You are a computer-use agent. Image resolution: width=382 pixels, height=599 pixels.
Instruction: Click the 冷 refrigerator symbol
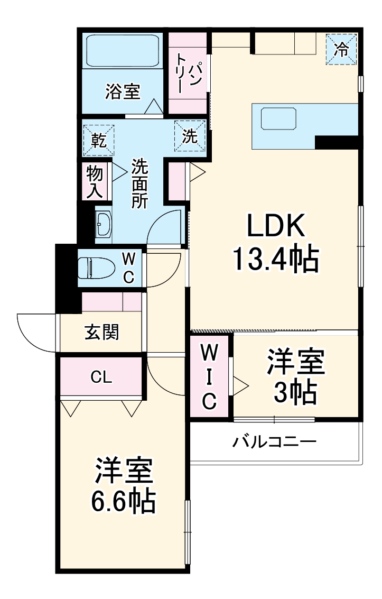coord(342,49)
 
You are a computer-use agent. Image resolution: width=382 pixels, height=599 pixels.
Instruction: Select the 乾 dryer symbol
coord(98,140)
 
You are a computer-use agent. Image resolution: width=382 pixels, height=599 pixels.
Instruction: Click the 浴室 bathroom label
coord(123,92)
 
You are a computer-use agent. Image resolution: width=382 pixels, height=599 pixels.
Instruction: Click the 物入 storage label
coord(95,181)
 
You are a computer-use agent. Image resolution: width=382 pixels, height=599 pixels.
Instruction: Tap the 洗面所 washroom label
coord(140,182)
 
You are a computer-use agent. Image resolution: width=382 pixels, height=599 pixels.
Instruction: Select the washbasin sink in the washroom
coord(104,223)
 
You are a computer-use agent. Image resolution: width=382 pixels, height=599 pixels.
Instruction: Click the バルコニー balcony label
coord(275,441)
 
